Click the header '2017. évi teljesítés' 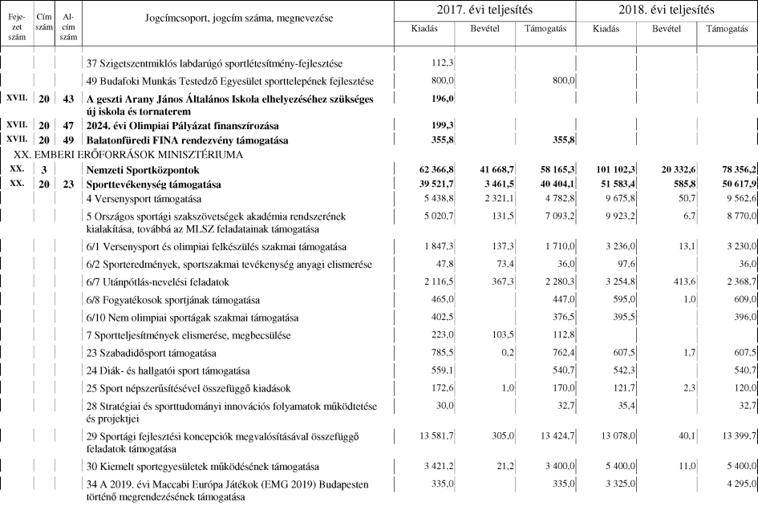click(485, 10)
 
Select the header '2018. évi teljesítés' click(667, 10)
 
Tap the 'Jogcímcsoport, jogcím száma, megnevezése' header click(239, 18)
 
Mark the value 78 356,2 click(732, 170)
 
